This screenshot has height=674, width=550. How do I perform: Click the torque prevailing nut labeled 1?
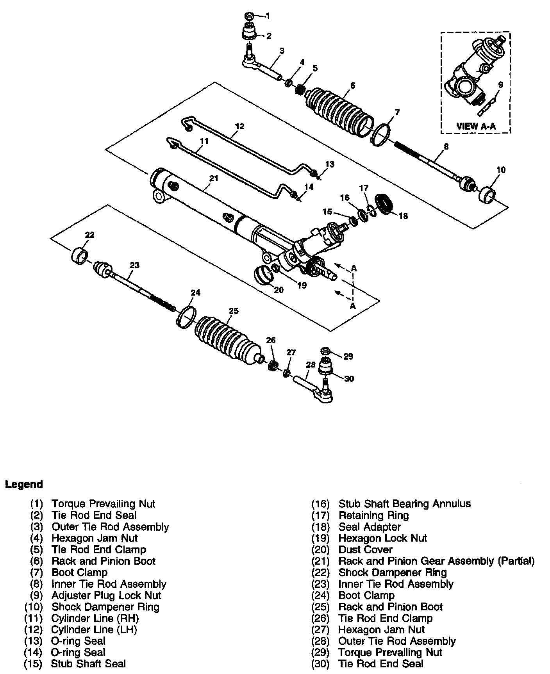tap(249, 16)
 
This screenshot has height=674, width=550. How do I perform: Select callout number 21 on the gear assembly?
tap(213, 178)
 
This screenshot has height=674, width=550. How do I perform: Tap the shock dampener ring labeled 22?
tap(79, 255)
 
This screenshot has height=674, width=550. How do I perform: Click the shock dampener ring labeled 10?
tap(487, 194)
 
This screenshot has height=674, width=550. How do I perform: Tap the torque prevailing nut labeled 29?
tap(326, 351)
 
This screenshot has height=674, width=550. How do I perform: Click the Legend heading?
tap(24, 485)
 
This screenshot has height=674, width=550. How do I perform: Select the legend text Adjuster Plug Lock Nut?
tap(106, 596)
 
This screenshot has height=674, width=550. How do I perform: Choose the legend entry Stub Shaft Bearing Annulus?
tap(404, 504)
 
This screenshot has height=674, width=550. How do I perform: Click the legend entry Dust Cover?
tap(365, 550)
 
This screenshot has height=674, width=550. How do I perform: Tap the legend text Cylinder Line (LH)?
tap(94, 629)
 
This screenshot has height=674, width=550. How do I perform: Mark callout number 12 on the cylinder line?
tap(239, 126)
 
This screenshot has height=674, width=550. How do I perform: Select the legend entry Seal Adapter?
tap(370, 527)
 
